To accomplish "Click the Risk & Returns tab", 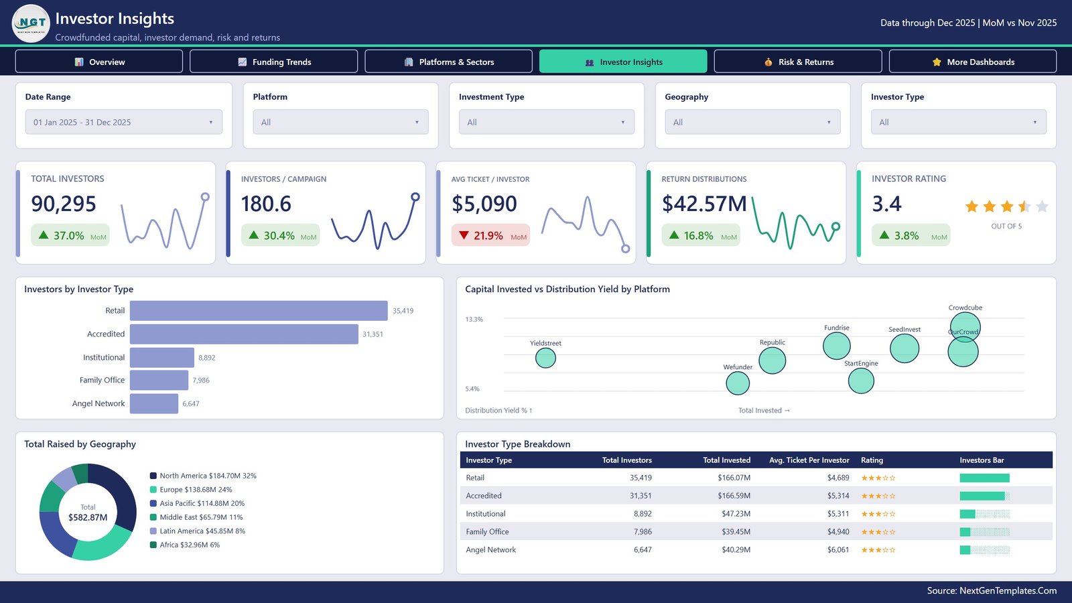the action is (798, 62).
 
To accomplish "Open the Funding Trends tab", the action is (274, 62).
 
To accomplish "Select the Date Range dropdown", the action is (123, 122).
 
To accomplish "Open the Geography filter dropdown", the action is (752, 122).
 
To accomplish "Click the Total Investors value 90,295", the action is (64, 204).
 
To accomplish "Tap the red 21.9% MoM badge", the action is (490, 235).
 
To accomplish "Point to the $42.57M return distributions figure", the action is (703, 204).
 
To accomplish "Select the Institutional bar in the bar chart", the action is (161, 358).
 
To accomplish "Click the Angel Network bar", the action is (153, 403).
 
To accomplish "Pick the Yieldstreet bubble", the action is (545, 358).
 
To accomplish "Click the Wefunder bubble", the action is (738, 383).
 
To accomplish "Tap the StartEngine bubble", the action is (861, 381).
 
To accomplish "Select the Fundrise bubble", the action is (837, 346).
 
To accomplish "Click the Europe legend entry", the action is (191, 490).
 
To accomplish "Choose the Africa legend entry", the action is (185, 545).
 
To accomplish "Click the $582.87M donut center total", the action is (88, 517).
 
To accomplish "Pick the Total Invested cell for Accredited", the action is (734, 496).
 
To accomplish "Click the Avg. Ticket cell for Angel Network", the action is (838, 550).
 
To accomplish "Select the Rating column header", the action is (872, 460).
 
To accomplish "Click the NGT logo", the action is (31, 23).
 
